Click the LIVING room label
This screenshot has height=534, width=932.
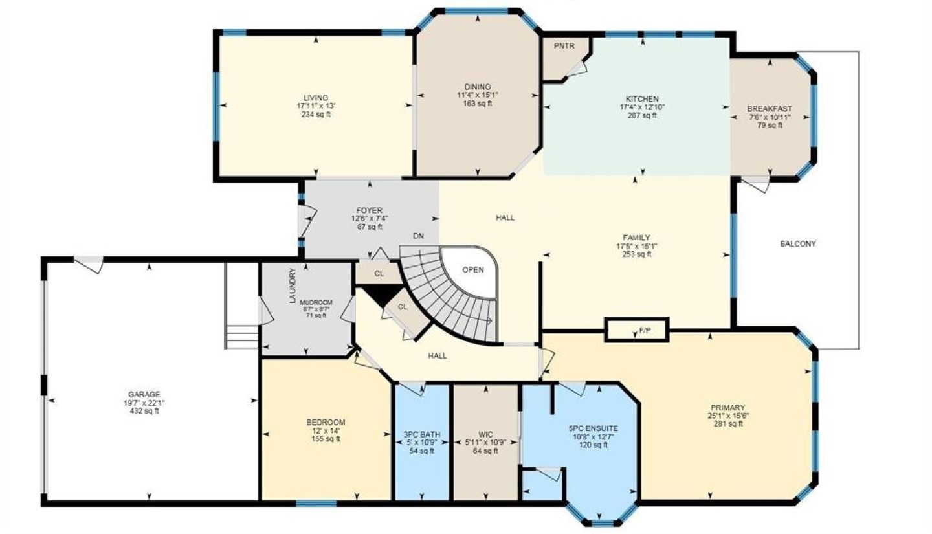click(316, 98)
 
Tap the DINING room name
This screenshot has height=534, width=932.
click(477, 87)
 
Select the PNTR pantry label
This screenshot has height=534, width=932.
click(564, 46)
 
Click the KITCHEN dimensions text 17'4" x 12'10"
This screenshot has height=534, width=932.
click(642, 107)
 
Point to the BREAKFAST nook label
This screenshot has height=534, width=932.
click(770, 109)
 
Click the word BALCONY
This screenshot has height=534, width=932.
click(797, 244)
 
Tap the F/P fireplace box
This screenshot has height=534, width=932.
click(637, 330)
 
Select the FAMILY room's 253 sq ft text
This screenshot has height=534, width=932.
click(637, 254)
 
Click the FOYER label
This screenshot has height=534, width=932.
click(369, 210)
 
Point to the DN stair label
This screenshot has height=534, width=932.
click(419, 236)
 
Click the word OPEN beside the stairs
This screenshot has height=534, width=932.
click(473, 270)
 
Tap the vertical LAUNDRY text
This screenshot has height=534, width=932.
click(293, 285)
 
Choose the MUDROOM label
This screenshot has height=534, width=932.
click(316, 302)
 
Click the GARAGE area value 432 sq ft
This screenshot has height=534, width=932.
click(144, 411)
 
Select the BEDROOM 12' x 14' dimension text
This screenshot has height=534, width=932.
click(326, 431)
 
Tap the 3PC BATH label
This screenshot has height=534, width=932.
click(422, 434)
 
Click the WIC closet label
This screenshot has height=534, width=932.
click(485, 434)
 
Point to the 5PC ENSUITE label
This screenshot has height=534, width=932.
click(594, 428)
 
